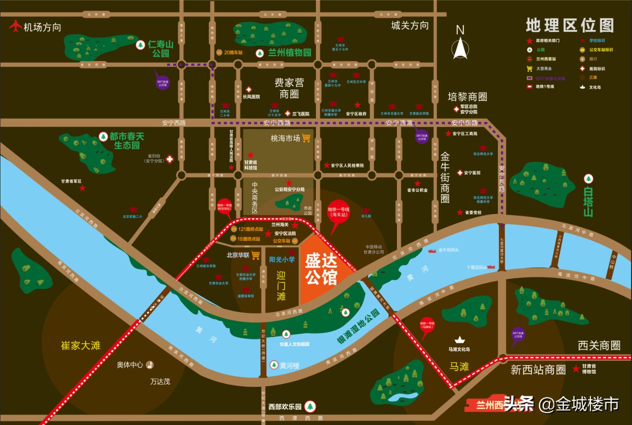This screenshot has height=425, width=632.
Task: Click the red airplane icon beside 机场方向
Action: (x=16, y=26)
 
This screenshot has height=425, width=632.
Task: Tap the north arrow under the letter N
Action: (x=460, y=48)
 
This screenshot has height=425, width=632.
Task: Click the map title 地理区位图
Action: (x=569, y=25)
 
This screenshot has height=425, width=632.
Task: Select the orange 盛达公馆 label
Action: (x=321, y=269)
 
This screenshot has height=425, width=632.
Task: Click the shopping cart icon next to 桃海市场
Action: (x=306, y=138)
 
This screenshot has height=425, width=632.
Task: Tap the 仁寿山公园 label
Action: (x=160, y=49)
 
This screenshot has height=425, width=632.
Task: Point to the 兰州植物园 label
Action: (x=290, y=53)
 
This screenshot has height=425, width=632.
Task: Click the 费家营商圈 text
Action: (x=289, y=88)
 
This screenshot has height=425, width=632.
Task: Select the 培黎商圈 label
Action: (x=467, y=97)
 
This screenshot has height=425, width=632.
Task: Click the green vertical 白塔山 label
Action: (x=588, y=202)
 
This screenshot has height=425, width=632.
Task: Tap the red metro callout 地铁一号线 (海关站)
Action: (x=338, y=212)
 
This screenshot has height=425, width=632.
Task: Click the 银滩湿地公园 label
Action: (x=358, y=326)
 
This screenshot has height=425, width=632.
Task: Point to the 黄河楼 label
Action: (x=289, y=365)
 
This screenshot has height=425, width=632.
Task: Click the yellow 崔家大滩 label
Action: (x=81, y=346)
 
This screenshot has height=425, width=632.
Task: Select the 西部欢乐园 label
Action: (x=285, y=407)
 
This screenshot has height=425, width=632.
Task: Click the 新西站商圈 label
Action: (x=538, y=370)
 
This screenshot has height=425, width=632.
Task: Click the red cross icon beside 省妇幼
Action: (x=169, y=159)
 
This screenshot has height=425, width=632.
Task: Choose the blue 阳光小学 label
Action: (x=282, y=260)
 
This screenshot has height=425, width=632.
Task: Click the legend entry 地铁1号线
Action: (x=545, y=87)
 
